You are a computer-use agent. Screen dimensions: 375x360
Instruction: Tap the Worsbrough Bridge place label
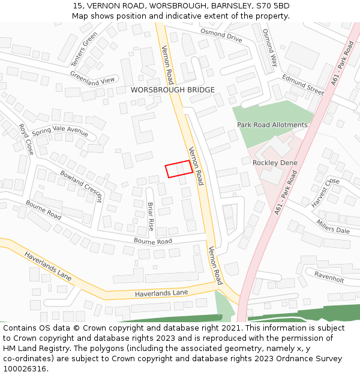pyautogui.click(x=172, y=90)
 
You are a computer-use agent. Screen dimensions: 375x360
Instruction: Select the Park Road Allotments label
pyautogui.click(x=272, y=125)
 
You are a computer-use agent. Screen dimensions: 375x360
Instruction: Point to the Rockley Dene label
pyautogui.click(x=274, y=163)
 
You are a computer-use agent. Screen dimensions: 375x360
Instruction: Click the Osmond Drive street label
pyautogui.click(x=221, y=35)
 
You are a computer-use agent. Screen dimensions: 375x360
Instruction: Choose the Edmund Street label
pyautogui.click(x=303, y=85)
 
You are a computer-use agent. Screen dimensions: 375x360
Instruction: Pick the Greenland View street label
pyautogui.click(x=92, y=78)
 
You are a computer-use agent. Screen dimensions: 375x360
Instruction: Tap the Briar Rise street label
pyautogui.click(x=151, y=217)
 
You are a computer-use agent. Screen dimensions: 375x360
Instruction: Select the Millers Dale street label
pyautogui.click(x=332, y=226)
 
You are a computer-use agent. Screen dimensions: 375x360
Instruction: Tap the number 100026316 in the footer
pyautogui.click(x=25, y=368)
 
